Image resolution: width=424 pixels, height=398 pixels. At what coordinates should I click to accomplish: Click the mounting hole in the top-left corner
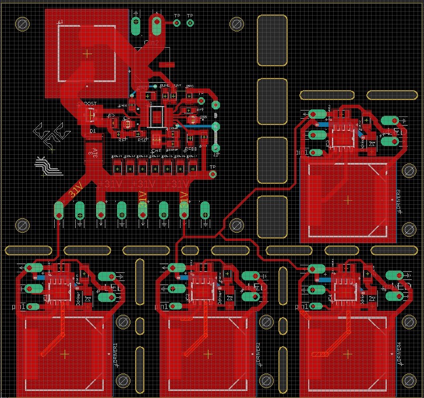(x=23, y=24)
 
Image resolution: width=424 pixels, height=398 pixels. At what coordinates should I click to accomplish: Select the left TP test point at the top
(x=176, y=23)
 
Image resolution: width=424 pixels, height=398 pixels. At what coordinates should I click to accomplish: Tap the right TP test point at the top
(x=190, y=23)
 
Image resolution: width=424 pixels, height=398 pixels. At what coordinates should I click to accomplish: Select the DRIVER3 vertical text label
(x=399, y=201)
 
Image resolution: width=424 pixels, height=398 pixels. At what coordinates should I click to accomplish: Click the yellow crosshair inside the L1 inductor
(x=87, y=54)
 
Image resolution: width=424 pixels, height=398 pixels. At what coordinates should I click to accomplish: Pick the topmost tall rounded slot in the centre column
(x=272, y=40)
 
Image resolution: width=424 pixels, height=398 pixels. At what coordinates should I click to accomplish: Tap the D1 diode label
(x=92, y=132)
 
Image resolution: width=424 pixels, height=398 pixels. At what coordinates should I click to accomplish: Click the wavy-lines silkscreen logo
(x=48, y=166)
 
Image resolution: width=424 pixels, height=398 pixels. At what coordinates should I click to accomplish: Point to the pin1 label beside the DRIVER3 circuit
(x=303, y=152)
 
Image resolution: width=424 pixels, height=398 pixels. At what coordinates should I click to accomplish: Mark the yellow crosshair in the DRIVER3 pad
(x=348, y=200)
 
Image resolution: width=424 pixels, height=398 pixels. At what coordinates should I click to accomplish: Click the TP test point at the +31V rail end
(x=212, y=174)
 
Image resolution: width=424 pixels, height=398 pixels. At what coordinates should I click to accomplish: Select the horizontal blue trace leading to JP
(x=197, y=125)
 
